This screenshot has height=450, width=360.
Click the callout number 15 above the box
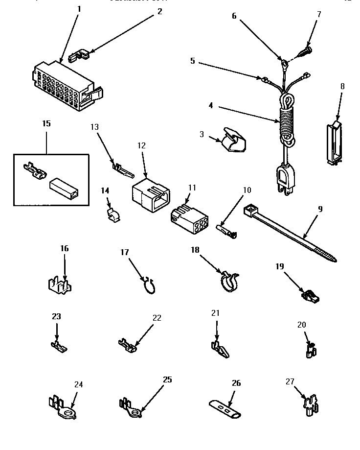pyautogui.click(x=46, y=123)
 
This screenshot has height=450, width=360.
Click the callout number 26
pyautogui.click(x=236, y=383)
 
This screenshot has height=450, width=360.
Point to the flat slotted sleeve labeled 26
pyautogui.click(x=225, y=407)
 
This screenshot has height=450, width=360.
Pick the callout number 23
pyautogui.click(x=56, y=316)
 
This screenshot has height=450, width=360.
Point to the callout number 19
pyautogui.click(x=279, y=266)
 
